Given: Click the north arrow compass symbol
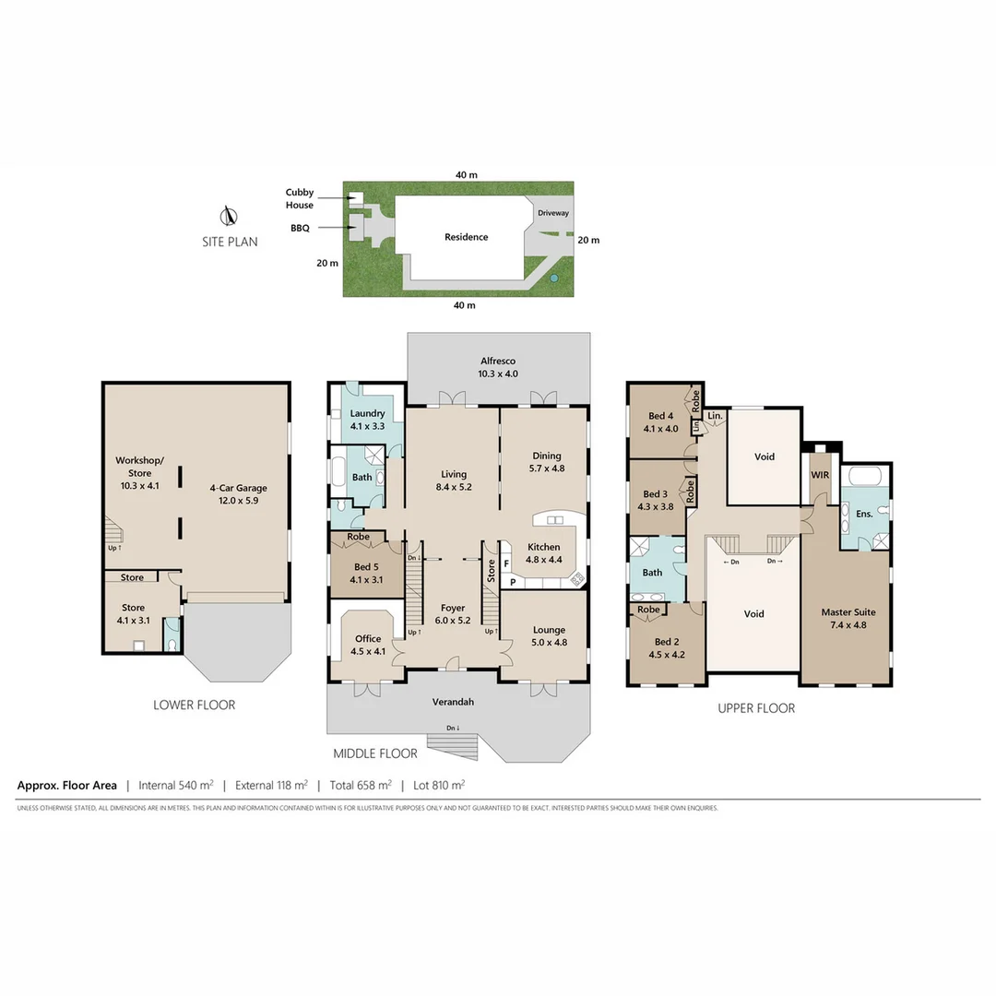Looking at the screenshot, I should pos(227,218).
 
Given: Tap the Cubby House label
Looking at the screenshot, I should pos(299,199).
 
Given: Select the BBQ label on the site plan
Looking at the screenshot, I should pos(300,228).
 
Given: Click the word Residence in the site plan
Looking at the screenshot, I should pos(466,237).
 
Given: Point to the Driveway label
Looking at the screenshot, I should pos(553,213).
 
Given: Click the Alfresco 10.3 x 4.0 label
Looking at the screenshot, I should pos(497,368).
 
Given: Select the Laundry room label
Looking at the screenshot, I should pos(367,420).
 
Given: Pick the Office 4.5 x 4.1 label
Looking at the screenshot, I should pos(368,645).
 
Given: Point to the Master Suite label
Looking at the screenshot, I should pos(848,618).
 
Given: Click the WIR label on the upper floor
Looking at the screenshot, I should pos(820,475).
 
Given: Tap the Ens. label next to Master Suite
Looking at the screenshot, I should pos(864,513).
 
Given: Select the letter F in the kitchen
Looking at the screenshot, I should pos(506,563).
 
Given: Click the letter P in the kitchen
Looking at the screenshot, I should pos(513,582).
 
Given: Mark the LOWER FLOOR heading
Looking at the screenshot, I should pos(195,705).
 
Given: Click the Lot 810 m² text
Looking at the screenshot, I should pos(438,786).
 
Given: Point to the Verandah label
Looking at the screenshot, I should pos(454,702).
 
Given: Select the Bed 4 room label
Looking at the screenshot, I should pos(662,421).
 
